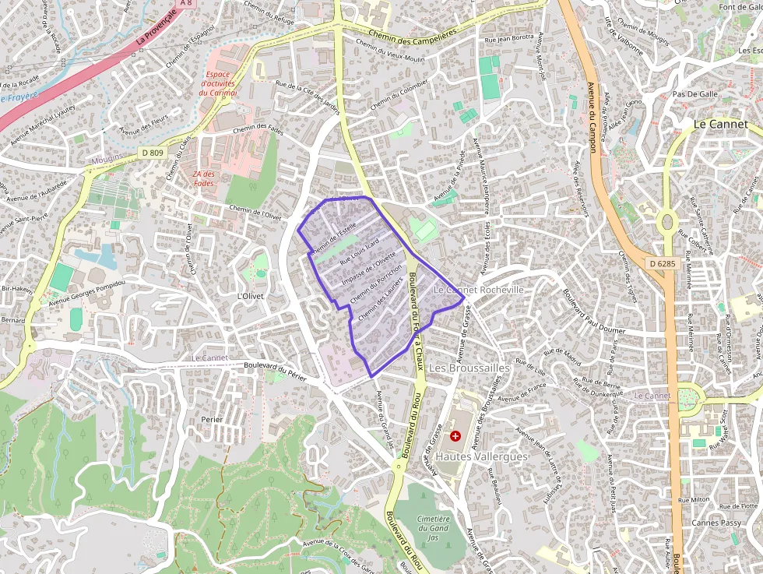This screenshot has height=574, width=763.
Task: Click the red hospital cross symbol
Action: [x=455, y=436]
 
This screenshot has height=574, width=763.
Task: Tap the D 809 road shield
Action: [x=153, y=153]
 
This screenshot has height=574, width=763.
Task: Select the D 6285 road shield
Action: [x=662, y=264]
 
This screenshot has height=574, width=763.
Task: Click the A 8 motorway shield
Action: [x=185, y=3]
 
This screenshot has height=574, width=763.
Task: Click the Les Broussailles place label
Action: [x=469, y=366]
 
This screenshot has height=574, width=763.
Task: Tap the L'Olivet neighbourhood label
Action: [x=251, y=296]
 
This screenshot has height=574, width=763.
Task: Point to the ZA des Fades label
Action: [x=203, y=178]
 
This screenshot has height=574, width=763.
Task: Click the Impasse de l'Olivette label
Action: [x=370, y=267]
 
